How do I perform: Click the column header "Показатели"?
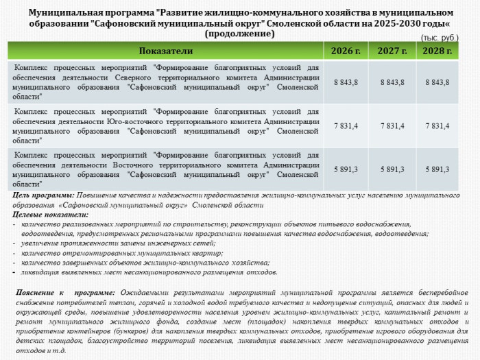pos(166,51)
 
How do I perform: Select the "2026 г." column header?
pos(346,51)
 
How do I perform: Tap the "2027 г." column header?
pos(392,51)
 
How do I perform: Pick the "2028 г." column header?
pos(437,51)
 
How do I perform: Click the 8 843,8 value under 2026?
pos(346,82)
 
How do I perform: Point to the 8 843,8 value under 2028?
pos(437,82)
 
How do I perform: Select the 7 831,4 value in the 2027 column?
pos(392,126)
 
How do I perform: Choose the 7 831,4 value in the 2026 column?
pos(346,126)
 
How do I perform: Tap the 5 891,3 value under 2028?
pos(437,169)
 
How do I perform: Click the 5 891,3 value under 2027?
pos(392,169)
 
